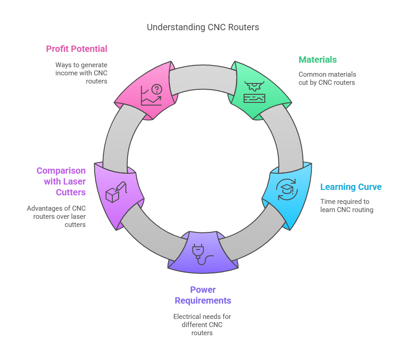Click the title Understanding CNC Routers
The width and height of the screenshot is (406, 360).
(x=203, y=27)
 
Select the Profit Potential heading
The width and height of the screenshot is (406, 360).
(x=77, y=49)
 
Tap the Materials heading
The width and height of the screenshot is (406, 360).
(x=318, y=60)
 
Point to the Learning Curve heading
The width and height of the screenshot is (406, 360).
(x=351, y=187)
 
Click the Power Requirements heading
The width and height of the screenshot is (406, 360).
(x=203, y=295)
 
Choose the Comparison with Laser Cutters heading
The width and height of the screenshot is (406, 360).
(x=61, y=182)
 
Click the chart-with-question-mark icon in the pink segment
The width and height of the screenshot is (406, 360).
(x=151, y=95)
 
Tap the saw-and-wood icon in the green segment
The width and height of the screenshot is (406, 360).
(x=254, y=92)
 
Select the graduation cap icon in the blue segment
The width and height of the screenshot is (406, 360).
(x=287, y=189)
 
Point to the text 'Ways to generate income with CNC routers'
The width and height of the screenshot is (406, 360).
(x=81, y=73)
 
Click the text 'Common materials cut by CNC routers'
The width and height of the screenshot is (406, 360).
(x=327, y=78)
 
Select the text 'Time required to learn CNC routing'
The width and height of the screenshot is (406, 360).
(x=347, y=206)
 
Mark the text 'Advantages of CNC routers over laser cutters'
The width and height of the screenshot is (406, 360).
(x=56, y=216)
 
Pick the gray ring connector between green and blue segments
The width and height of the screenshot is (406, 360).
(x=288, y=135)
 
